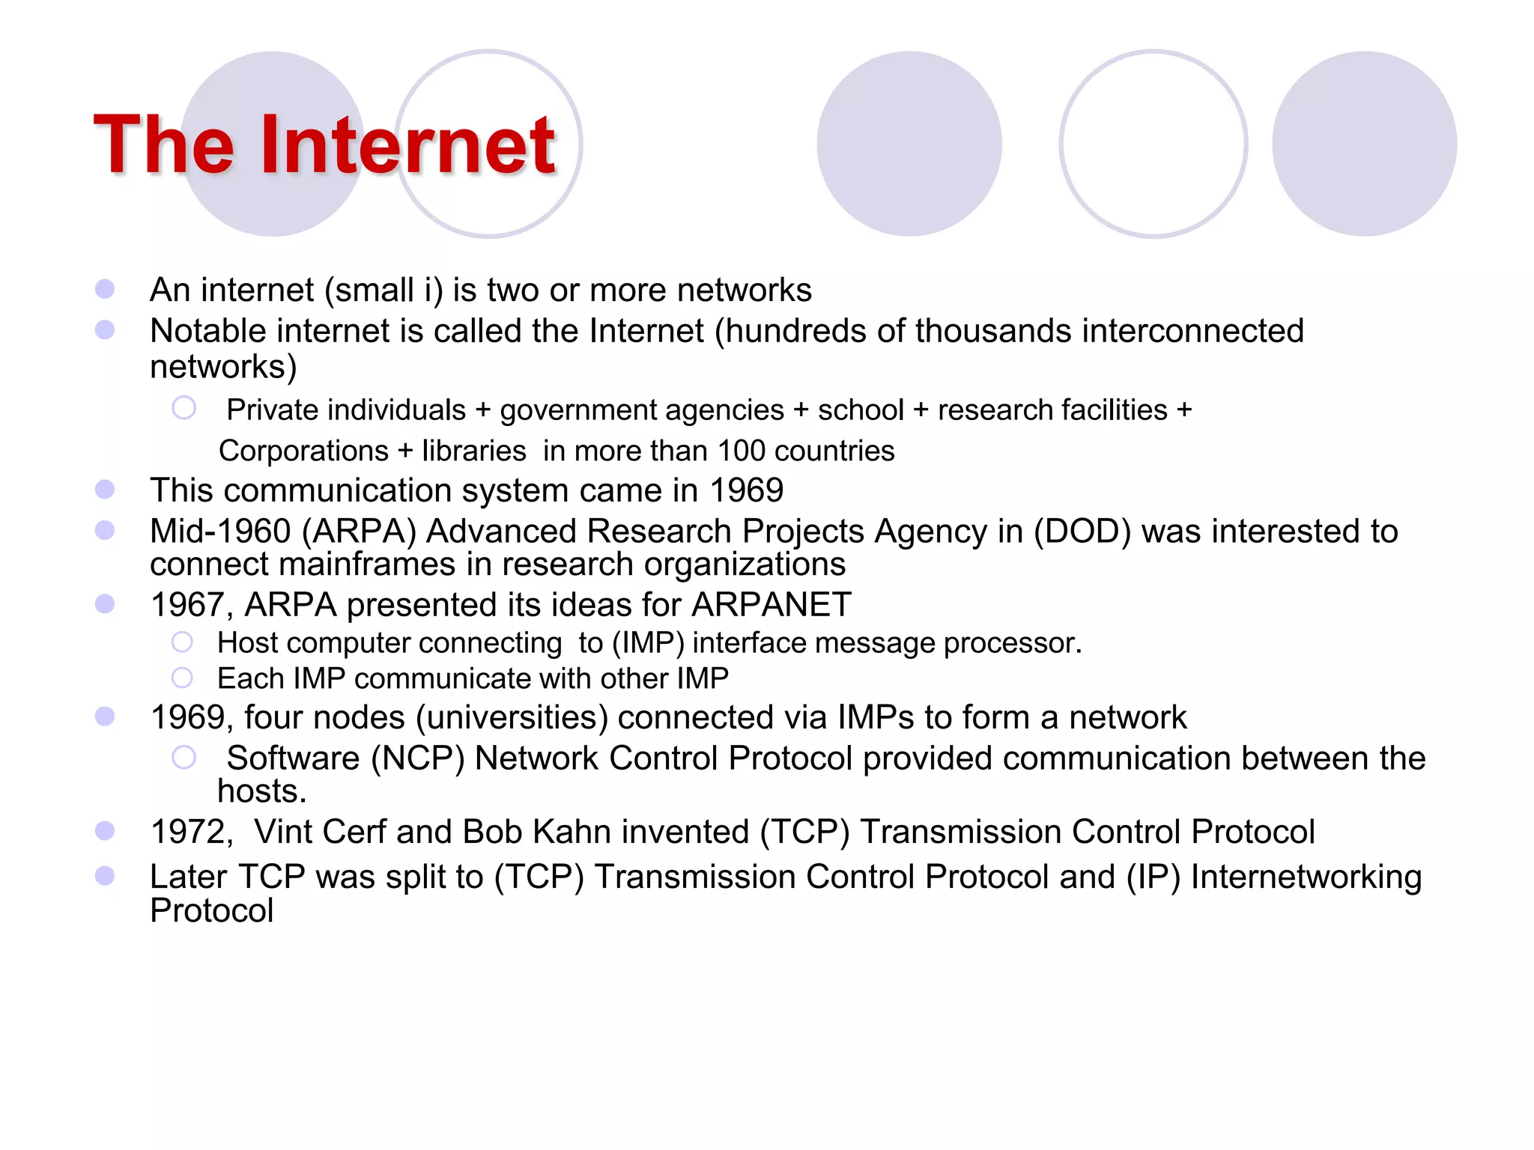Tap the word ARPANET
click(771, 604)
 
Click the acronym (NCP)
click(418, 758)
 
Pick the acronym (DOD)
click(1082, 532)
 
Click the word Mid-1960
click(220, 532)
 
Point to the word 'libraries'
click(474, 451)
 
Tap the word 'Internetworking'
click(1306, 877)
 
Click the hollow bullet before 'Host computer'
click(182, 642)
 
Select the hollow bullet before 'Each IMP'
click(182, 678)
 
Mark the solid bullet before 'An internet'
click(105, 289)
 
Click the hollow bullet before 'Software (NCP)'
click(184, 757)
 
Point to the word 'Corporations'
click(303, 451)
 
